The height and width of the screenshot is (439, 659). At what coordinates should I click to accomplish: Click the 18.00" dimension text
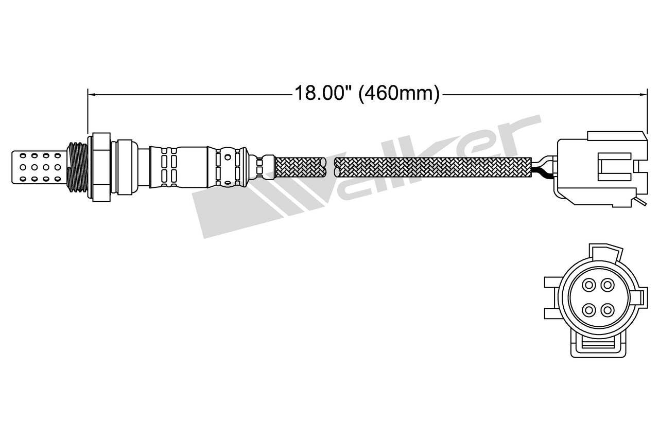323,94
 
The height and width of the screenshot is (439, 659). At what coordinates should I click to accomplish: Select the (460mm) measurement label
399,94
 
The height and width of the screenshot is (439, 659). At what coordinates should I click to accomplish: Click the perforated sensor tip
39,166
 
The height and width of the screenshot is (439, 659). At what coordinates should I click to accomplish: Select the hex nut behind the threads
100,166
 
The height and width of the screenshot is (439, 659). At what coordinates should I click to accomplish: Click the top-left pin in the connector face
588,284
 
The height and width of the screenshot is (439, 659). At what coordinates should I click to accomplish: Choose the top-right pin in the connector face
608,284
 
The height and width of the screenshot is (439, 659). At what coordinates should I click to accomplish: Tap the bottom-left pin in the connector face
588,309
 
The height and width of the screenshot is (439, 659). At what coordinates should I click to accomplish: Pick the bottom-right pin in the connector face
608,309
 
